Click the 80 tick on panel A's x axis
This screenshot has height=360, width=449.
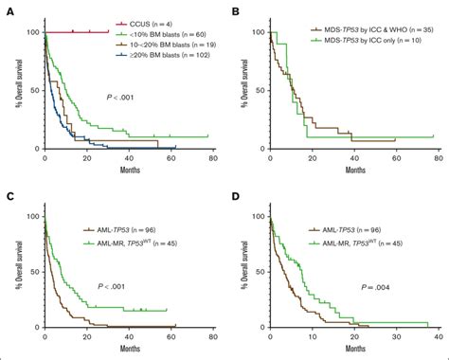(208, 158)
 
